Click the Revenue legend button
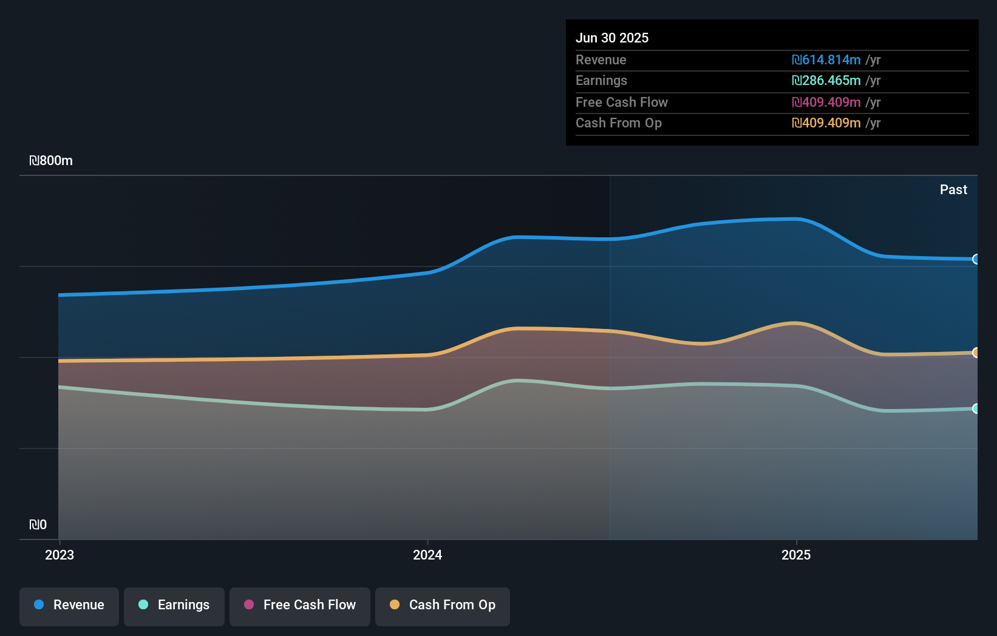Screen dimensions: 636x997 (69, 606)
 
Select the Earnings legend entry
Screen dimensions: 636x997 (174, 606)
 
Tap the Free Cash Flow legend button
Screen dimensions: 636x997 (300, 606)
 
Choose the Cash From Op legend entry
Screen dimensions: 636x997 (443, 606)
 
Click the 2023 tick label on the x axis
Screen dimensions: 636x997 (60, 555)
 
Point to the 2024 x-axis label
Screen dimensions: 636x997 (427, 555)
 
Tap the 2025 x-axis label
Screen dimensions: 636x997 (796, 555)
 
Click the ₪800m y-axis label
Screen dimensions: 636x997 (51, 161)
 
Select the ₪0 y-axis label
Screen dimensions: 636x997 (38, 525)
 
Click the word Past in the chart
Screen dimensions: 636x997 (953, 190)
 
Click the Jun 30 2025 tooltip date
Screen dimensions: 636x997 (612, 38)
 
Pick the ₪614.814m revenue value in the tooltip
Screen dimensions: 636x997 (826, 60)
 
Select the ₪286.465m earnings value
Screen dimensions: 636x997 (826, 81)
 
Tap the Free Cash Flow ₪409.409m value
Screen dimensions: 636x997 (826, 103)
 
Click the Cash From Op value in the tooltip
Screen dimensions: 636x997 (826, 123)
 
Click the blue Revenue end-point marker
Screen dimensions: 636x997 (976, 259)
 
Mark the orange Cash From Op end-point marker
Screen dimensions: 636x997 (976, 353)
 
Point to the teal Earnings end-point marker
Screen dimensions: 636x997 (976, 408)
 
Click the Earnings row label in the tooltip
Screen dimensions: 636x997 (601, 81)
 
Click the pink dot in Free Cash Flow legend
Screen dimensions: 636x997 (249, 604)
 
